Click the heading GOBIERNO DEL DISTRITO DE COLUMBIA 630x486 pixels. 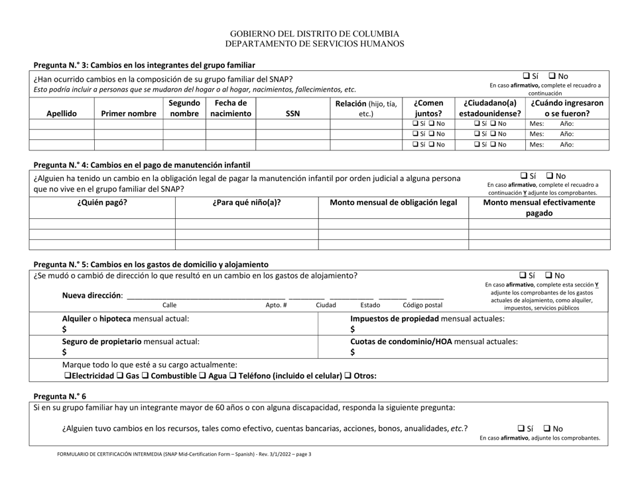pyautogui.click(x=314, y=34)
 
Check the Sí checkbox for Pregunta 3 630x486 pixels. pyautogui.click(x=527, y=76)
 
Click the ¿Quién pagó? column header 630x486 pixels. pyautogui.click(x=103, y=203)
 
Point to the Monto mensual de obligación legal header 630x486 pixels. pyautogui.click(x=393, y=203)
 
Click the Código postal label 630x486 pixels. pyautogui.click(x=422, y=306)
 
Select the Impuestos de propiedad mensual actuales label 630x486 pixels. pyautogui.click(x=427, y=318)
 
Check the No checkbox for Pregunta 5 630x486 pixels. pyautogui.click(x=549, y=275)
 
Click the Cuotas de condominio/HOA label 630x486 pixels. pyautogui.click(x=434, y=341)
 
